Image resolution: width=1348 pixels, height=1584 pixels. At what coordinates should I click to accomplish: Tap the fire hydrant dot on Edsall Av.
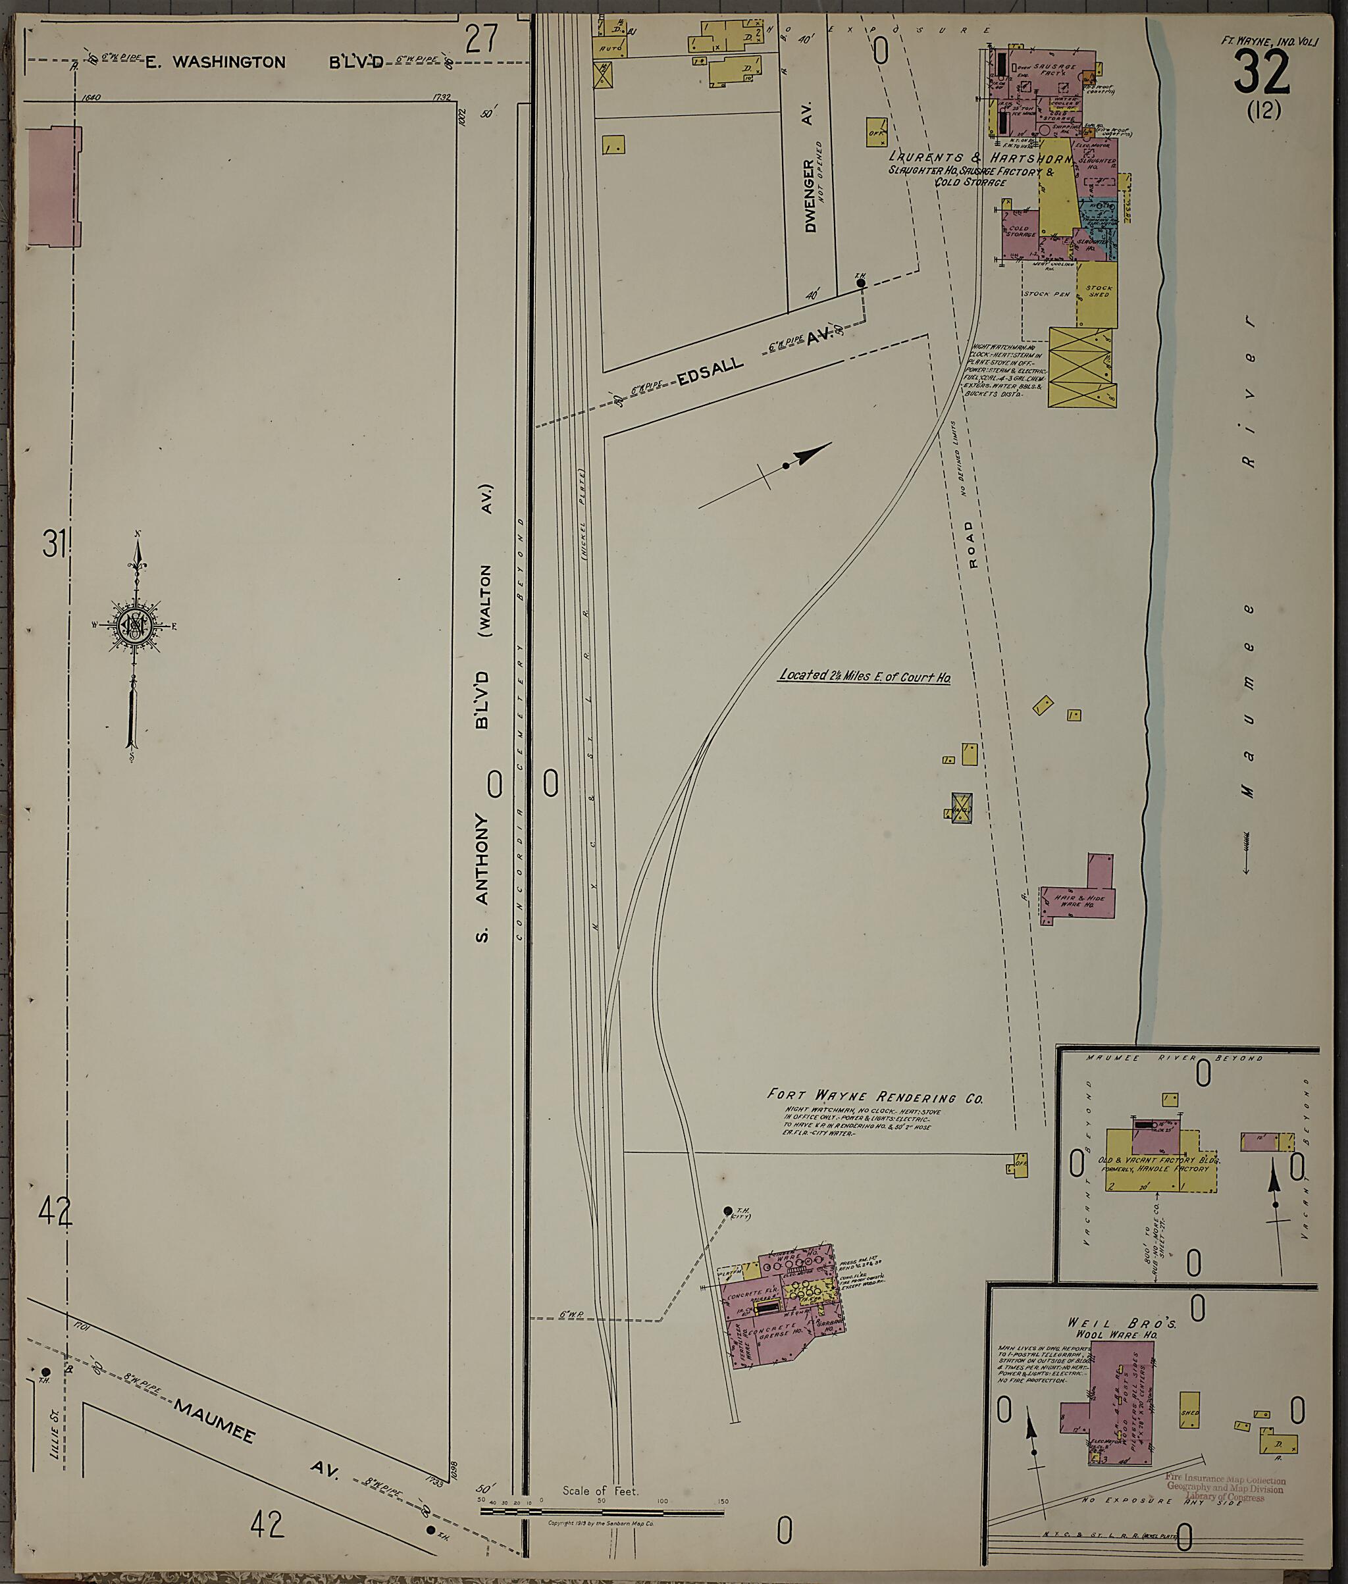[x=860, y=283]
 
